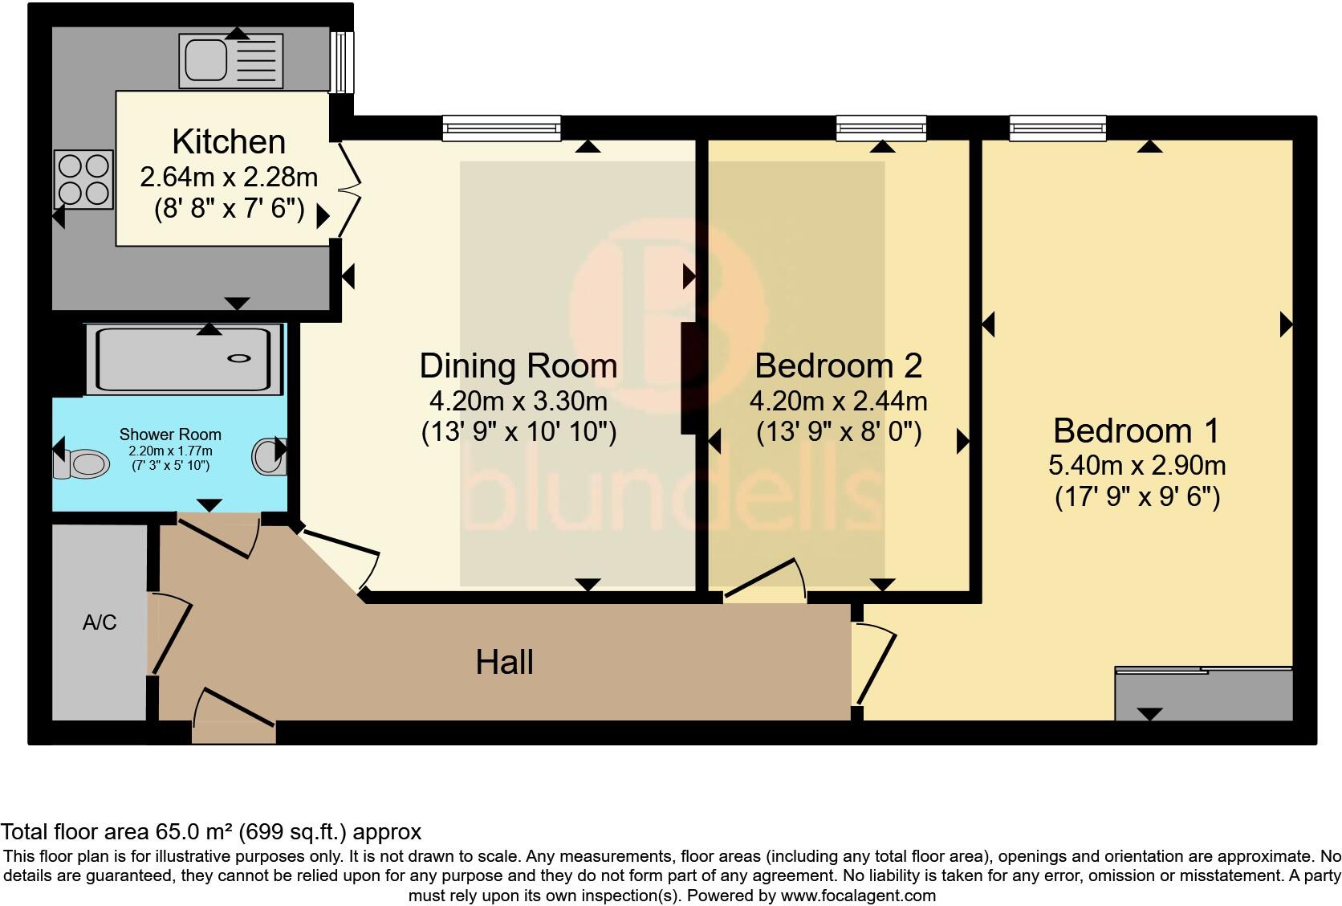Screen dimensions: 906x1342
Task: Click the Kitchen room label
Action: pyautogui.click(x=229, y=141)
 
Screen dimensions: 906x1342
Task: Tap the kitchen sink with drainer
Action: pyautogui.click(x=231, y=60)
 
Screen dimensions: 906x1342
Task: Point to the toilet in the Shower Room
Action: pyautogui.click(x=84, y=463)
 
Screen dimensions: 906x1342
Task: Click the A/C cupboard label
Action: pyautogui.click(x=100, y=622)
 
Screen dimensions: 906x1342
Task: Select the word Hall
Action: pyautogui.click(x=504, y=663)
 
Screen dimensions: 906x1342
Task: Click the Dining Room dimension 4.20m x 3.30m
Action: pyautogui.click(x=518, y=400)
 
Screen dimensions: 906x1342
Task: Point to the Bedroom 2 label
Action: pyautogui.click(x=838, y=366)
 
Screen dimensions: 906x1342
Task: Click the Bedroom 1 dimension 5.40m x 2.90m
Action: pyautogui.click(x=1137, y=465)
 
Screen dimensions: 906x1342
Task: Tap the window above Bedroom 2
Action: pyautogui.click(x=881, y=127)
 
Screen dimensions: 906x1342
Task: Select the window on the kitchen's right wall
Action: pyautogui.click(x=344, y=63)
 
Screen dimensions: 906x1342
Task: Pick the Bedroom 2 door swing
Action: pyautogui.click(x=767, y=581)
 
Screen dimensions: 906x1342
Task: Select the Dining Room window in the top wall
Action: pyautogui.click(x=501, y=127)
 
